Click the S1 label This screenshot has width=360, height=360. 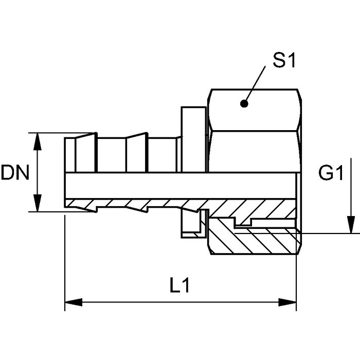pyautogui.click(x=284, y=60)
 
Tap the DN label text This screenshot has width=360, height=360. pyautogui.click(x=15, y=172)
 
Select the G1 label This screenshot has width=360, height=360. pyautogui.click(x=331, y=173)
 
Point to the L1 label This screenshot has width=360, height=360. pyautogui.click(x=180, y=285)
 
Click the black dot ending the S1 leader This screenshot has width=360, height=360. pyautogui.click(x=244, y=104)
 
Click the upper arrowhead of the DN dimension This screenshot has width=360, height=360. pyautogui.click(x=38, y=141)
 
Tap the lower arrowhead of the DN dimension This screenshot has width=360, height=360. pyautogui.click(x=38, y=203)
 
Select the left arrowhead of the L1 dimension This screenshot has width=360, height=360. pyautogui.click(x=74, y=302)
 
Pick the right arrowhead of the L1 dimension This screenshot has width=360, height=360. pyautogui.click(x=287, y=302)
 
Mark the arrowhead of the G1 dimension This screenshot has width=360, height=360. pyautogui.click(x=351, y=225)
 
